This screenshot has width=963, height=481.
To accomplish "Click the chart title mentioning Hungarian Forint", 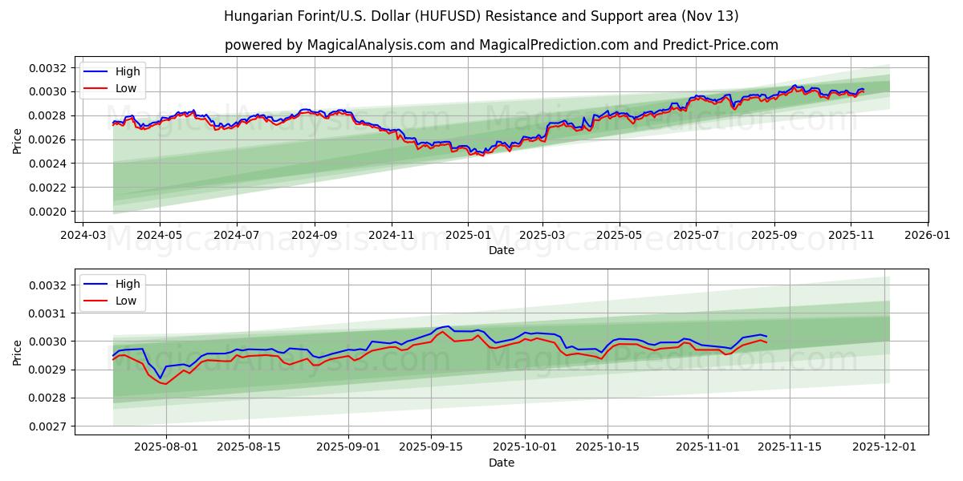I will tap(481, 16).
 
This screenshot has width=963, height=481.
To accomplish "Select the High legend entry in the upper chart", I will tap(127, 71).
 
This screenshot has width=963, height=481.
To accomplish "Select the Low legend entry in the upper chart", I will tap(126, 88).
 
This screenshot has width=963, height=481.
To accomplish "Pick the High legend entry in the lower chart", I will tap(127, 284).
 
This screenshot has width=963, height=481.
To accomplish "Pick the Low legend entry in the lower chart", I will tap(126, 301).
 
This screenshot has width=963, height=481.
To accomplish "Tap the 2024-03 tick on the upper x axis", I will tap(82, 235).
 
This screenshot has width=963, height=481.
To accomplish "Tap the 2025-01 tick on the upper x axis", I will tap(467, 235).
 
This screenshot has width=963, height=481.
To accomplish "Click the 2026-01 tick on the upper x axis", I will tap(927, 235).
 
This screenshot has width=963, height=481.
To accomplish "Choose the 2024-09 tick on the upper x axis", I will tap(314, 235).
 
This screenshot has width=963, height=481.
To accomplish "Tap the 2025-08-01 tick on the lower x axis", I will tap(167, 447).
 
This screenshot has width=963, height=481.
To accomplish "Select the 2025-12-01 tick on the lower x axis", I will tap(884, 447).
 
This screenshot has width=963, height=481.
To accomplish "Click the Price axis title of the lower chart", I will tap(18, 352).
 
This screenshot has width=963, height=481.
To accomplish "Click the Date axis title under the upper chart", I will tap(502, 250).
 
